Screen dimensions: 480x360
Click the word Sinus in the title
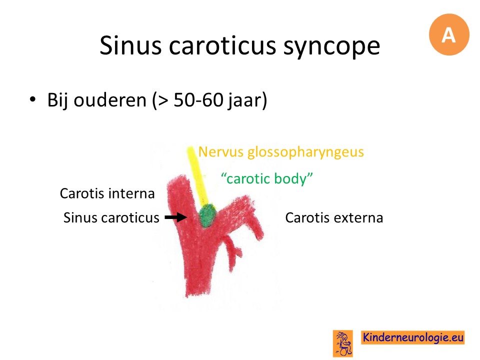point(130,45)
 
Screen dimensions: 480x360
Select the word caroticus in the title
point(222,46)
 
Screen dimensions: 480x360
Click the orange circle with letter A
point(449,34)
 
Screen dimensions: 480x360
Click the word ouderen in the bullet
point(110,100)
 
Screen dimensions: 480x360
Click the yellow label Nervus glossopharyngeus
point(281,152)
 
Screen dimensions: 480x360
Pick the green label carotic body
point(266,178)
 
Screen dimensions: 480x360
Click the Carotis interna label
point(107,193)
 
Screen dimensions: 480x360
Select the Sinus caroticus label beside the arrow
point(111,218)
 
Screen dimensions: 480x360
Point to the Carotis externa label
point(334,218)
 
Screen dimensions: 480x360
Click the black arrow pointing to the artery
point(175,217)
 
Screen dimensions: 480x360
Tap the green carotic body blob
point(207,215)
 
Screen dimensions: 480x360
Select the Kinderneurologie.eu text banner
point(412,337)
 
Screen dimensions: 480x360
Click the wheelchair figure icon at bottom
point(343,343)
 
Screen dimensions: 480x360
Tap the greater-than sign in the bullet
point(163,100)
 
